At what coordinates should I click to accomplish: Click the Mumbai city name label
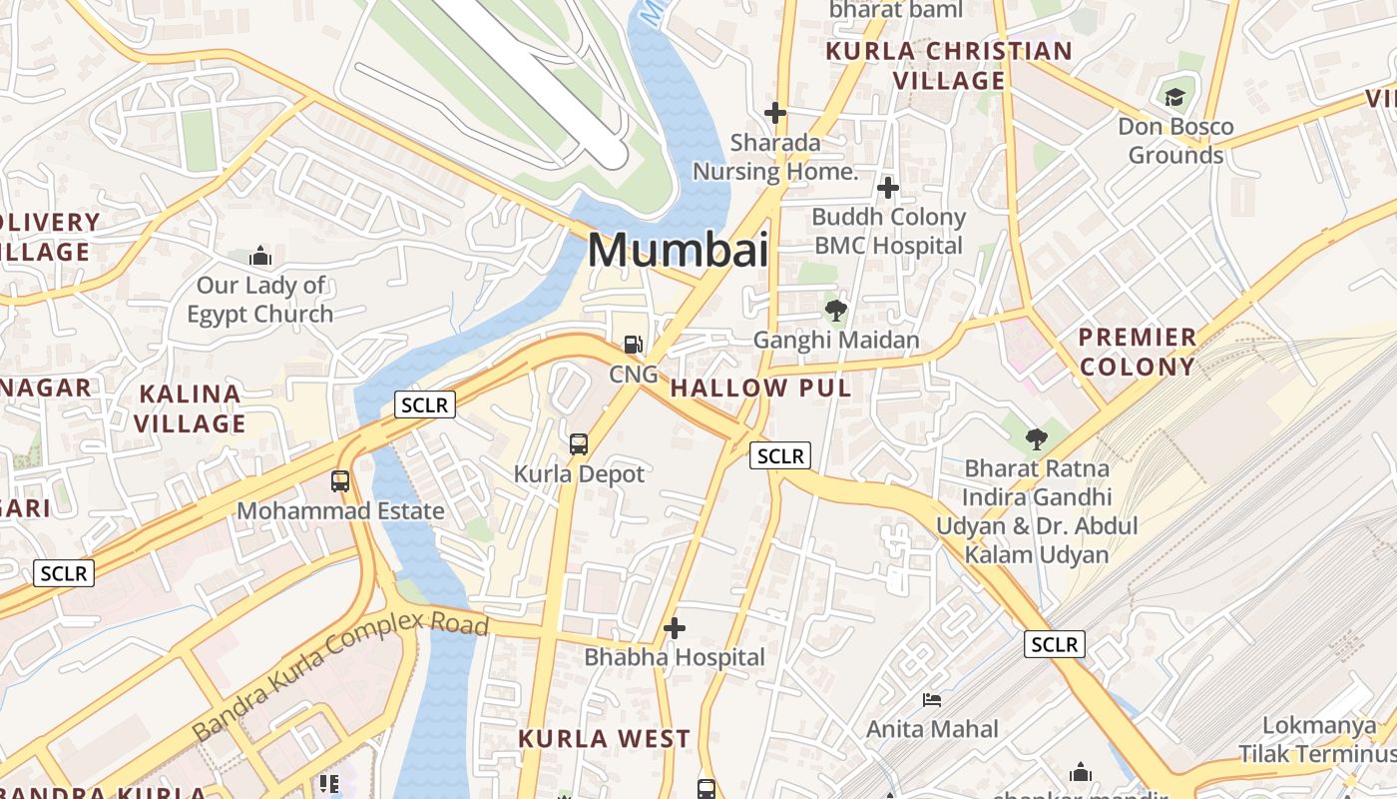pos(678,250)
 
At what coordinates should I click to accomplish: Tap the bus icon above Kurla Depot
pos(579,444)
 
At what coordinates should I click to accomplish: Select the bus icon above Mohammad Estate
pos(340,481)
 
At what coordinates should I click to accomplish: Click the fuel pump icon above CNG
pos(633,345)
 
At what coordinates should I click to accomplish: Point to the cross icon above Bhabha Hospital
pos(675,628)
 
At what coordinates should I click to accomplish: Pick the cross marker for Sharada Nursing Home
pos(774,113)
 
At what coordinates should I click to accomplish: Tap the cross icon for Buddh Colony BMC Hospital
pos(887,188)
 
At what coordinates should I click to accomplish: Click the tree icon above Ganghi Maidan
pos(836,311)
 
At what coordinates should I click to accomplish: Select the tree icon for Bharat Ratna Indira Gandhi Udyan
pos(1037,438)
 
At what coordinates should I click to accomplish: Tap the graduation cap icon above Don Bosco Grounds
pos(1174,97)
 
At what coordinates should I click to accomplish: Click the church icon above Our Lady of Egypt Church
pos(260,257)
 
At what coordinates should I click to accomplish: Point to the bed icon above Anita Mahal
pos(932,700)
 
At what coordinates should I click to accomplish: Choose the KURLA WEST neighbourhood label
pos(604,739)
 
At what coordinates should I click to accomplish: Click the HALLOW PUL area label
pos(760,389)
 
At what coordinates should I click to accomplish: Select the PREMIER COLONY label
pos(1137,352)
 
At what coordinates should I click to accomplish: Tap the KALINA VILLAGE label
pos(190,408)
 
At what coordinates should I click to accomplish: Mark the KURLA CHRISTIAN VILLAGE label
pos(948,66)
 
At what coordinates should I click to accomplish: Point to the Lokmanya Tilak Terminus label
pos(1316,739)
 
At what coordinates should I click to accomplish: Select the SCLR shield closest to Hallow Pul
pos(779,456)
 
